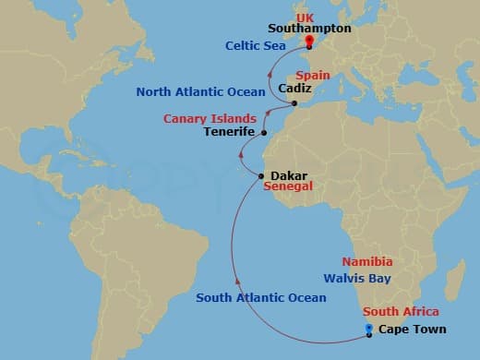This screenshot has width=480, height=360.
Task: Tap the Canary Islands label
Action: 208,119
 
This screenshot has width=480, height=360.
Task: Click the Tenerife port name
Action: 230,133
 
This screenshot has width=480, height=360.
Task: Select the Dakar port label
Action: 289,173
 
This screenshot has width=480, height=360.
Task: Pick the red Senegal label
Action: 288,186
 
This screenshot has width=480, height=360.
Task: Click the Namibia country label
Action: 374,262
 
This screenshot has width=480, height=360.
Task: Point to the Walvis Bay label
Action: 357,278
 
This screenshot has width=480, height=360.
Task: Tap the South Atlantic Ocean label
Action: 261,297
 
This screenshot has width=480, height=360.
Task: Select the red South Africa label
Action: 401,311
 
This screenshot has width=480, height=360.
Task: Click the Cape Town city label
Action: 412,330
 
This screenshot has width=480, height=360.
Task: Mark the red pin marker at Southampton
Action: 308,42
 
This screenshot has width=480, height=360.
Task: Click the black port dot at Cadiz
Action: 294,103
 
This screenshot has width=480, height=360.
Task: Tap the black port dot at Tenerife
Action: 264,134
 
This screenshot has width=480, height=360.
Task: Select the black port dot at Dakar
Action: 262,175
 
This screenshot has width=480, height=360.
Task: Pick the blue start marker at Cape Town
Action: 369,330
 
